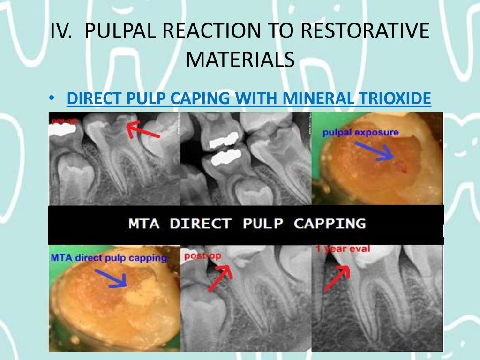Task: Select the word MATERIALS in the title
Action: [x=240, y=60]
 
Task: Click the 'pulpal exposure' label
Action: [x=360, y=133]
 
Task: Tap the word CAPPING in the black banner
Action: [x=330, y=224]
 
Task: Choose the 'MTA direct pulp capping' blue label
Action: [x=108, y=257]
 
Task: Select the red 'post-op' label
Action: [x=202, y=256]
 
